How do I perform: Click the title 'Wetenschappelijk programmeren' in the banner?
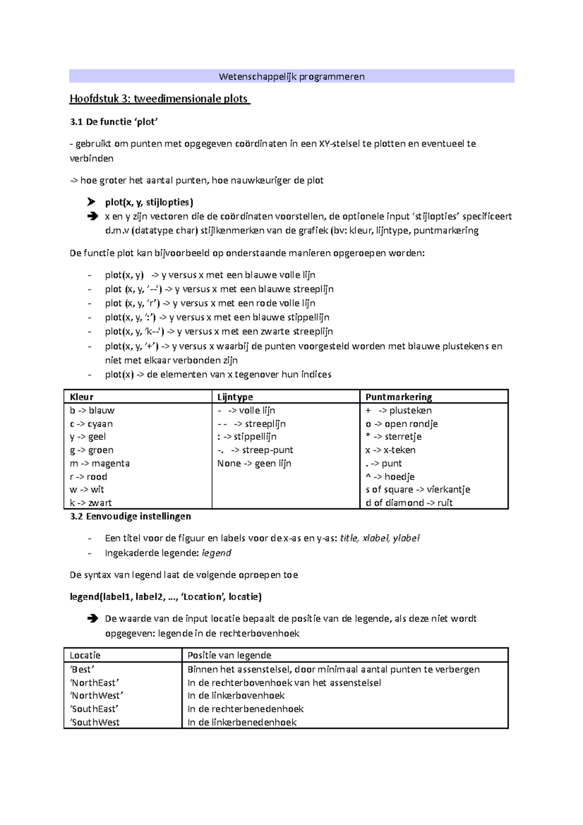tap(291, 76)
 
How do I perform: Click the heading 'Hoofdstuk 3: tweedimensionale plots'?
tap(159, 99)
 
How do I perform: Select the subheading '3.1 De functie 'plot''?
tap(114, 122)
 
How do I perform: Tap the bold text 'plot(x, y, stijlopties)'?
tap(149, 202)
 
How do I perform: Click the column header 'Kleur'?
tap(82, 397)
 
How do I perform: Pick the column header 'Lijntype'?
tap(235, 397)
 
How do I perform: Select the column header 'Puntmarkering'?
tap(398, 397)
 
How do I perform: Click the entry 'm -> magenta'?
tap(100, 463)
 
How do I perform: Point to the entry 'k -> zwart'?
tap(91, 503)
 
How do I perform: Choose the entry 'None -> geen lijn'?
tap(254, 463)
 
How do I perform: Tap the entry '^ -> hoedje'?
tap(390, 477)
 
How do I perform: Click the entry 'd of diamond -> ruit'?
tap(409, 503)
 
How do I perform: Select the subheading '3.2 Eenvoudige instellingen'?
tap(130, 516)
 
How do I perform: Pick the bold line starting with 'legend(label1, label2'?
tap(166, 597)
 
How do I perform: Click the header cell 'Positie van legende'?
tap(229, 655)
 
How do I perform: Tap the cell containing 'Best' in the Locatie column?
tap(82, 669)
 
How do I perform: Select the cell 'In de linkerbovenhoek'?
tap(236, 695)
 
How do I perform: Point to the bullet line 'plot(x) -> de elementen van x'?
tap(218, 375)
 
